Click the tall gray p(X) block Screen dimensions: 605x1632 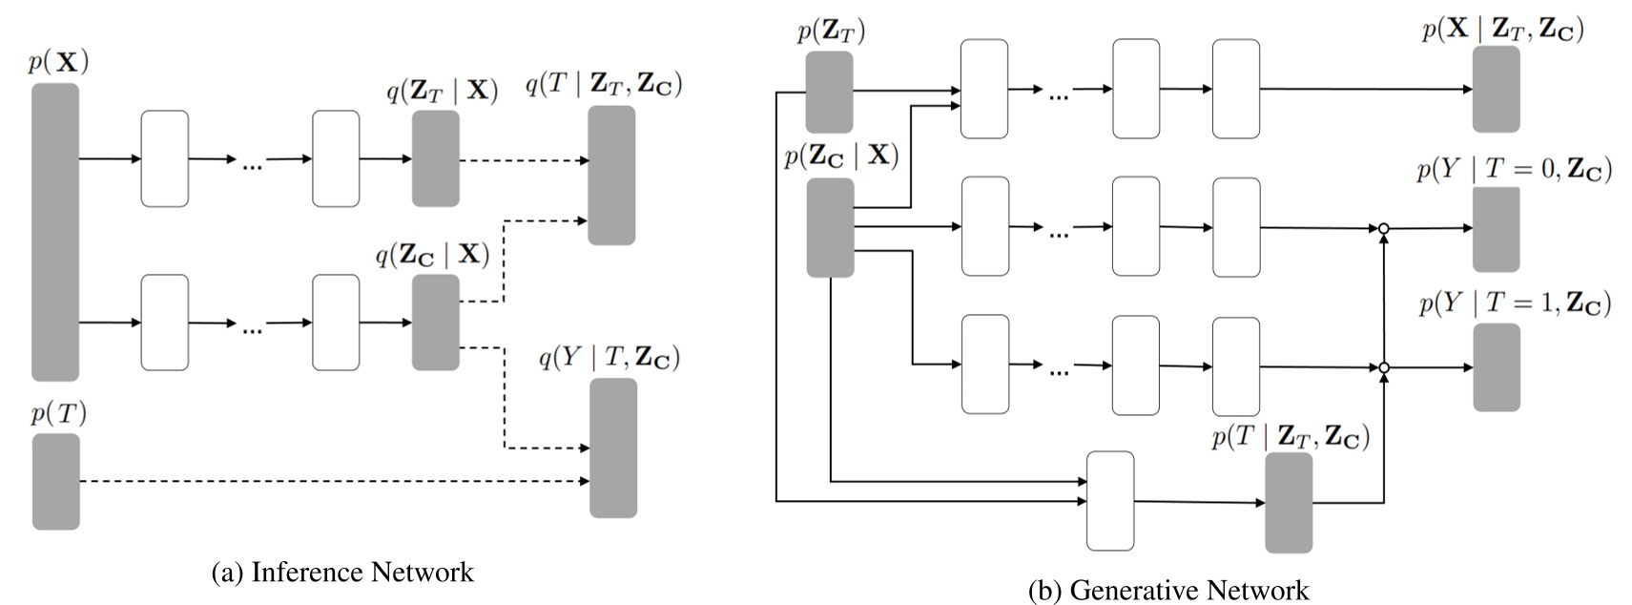55,232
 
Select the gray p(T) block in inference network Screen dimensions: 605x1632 55,481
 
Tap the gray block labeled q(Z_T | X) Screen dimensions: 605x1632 435,158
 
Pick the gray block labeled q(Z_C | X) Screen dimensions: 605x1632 435,323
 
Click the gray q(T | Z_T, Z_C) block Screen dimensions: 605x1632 611,176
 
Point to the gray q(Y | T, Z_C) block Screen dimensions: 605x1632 612,448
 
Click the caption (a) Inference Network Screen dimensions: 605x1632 341,572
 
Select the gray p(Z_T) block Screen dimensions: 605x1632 829,92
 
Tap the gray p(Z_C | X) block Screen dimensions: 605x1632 830,227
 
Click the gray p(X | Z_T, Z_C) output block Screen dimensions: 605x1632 1496,88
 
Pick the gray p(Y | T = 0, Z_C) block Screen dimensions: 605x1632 1496,230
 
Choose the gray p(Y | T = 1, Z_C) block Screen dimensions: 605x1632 1496,367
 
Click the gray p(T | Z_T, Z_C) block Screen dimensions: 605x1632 1288,502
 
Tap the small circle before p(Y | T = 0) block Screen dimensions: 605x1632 1383,229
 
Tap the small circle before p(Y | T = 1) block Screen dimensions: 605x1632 1383,367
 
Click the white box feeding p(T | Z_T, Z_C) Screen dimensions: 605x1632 1110,501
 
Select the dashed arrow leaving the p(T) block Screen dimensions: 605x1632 334,482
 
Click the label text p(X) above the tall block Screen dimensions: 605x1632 58,62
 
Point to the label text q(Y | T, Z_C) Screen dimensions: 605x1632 609,358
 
